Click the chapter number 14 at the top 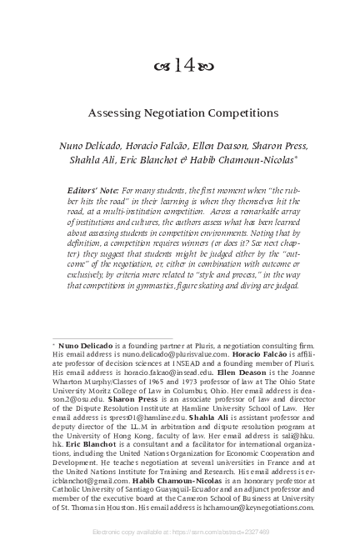[180, 67]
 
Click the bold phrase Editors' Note [92, 192]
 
